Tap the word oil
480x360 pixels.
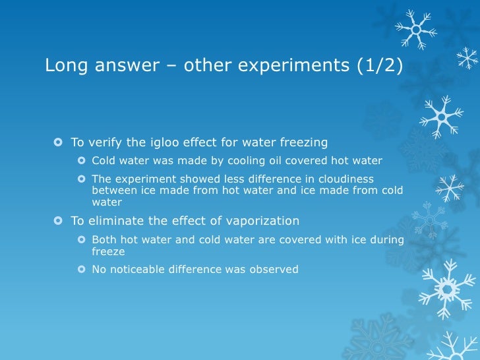tap(260, 161)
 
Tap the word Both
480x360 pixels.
tap(104, 240)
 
